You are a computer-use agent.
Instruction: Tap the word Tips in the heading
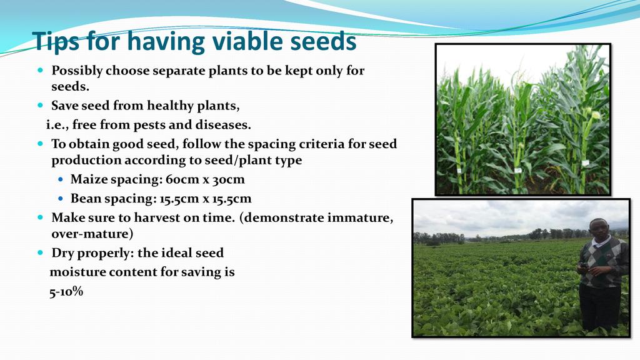pos(56,42)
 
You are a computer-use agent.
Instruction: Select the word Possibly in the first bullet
pos(77,71)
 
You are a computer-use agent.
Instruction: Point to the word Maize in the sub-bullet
pos(86,179)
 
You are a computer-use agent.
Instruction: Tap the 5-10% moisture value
pos(66,291)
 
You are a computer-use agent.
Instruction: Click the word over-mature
pos(92,234)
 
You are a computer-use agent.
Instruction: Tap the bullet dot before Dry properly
pos(40,252)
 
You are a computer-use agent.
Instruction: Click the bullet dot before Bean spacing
pos(61,199)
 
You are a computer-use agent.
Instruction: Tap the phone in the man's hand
pos(584,266)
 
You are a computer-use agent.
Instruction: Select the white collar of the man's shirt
pos(601,242)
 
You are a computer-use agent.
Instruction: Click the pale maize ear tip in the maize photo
pos(596,115)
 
